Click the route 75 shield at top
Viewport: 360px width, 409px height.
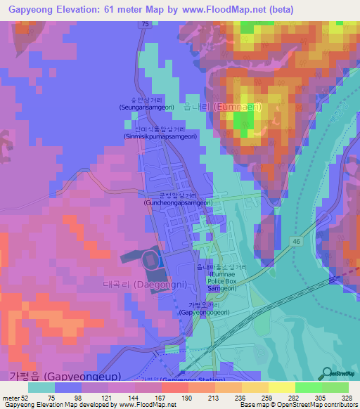[144, 24]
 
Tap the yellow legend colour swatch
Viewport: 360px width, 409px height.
[276, 387]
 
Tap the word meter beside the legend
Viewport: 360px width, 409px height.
[12, 397]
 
